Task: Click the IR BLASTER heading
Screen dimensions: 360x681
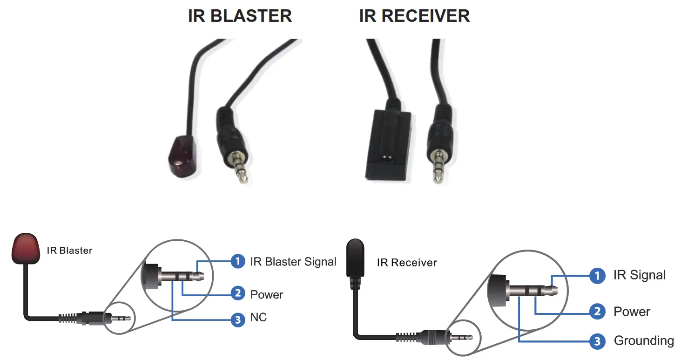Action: [x=240, y=16]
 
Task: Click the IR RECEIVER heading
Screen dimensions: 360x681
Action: [x=414, y=16]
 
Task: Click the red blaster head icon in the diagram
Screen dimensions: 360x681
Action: [x=24, y=249]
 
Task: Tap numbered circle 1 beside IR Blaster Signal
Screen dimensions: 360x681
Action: [x=238, y=261]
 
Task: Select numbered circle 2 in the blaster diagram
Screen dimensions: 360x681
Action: [x=238, y=293]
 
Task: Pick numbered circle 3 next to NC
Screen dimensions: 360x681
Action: [x=238, y=319]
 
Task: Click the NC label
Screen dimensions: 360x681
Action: [x=258, y=318]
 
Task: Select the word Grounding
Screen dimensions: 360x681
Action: [x=643, y=341]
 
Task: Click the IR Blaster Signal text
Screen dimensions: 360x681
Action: [x=293, y=262]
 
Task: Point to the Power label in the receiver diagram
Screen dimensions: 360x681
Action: [x=632, y=312]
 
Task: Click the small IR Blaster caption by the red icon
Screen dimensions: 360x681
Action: [x=69, y=251]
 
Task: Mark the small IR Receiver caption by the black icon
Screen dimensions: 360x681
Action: [x=407, y=263]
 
